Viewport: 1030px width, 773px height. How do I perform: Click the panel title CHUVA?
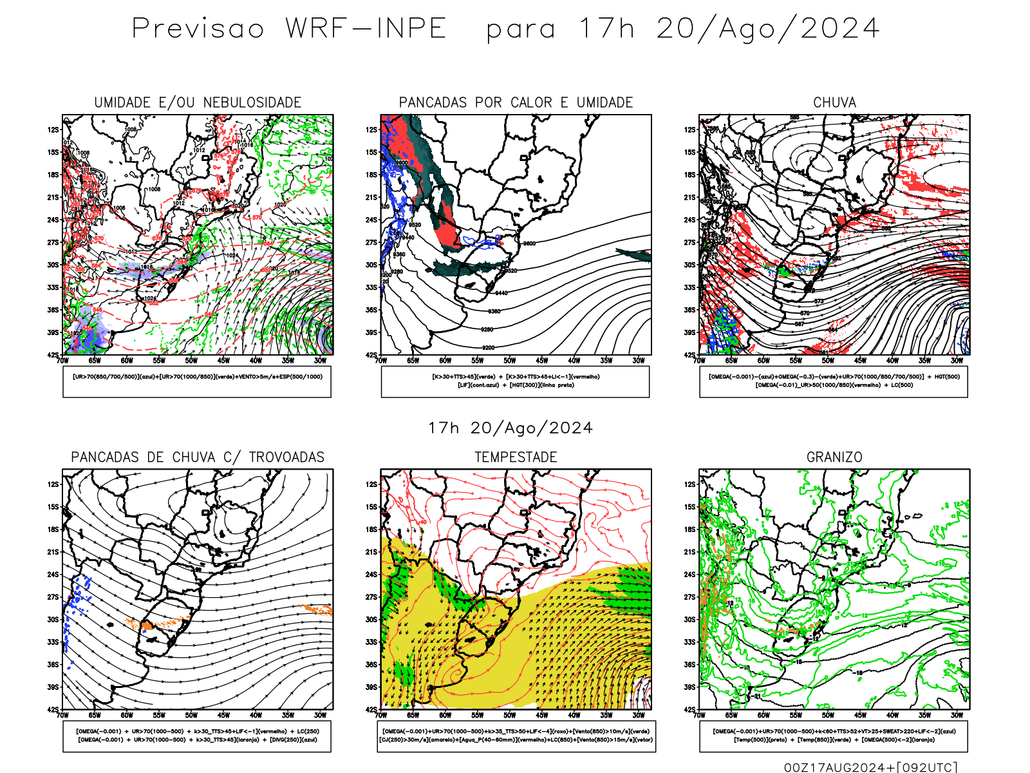click(x=834, y=102)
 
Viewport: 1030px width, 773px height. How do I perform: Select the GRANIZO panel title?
click(x=834, y=457)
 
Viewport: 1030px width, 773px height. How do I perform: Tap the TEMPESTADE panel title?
click(x=516, y=457)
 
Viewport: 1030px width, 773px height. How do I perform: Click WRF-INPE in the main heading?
click(x=366, y=29)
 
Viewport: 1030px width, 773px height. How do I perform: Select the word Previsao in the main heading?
click(x=198, y=29)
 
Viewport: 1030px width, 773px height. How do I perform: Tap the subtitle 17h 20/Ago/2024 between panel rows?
click(x=510, y=428)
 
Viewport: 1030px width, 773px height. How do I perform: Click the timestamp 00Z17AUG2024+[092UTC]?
click(x=870, y=767)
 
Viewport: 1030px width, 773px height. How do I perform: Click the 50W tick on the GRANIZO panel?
click(x=828, y=715)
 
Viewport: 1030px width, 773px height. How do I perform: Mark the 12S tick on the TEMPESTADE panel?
click(x=371, y=484)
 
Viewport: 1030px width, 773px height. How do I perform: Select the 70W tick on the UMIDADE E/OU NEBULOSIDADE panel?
click(x=62, y=361)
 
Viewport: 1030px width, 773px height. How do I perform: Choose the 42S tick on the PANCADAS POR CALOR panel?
click(x=371, y=355)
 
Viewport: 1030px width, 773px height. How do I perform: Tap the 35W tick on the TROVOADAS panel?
click(x=288, y=715)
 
